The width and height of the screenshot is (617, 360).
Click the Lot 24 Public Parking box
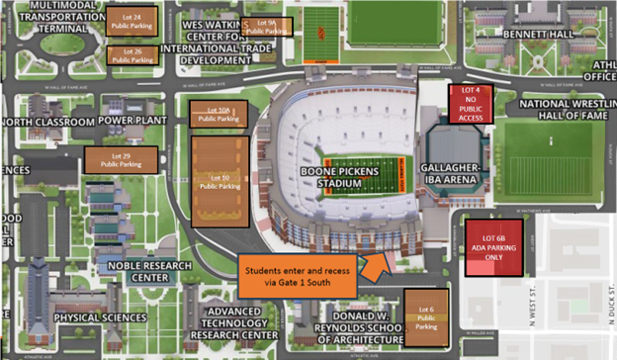click(132, 23)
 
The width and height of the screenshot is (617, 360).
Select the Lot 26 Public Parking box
click(132, 55)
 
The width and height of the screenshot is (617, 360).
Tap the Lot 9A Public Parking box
click(266, 27)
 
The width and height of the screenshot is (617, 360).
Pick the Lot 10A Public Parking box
click(217, 114)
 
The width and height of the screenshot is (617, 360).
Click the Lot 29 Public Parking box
click(121, 159)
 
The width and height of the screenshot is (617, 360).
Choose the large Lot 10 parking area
click(220, 181)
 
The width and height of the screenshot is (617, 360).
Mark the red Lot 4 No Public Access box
click(471, 104)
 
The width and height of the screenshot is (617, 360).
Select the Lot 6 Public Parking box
click(425, 316)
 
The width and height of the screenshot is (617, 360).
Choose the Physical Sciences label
click(103, 317)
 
